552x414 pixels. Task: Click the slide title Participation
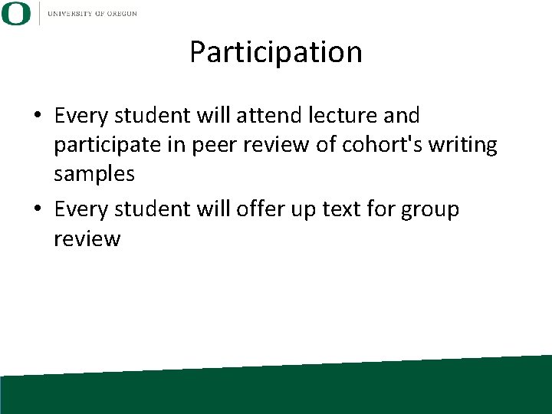275,53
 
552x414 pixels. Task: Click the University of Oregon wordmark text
92,13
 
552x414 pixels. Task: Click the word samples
94,175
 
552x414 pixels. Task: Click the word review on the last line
87,238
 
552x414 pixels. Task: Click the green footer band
276,391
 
